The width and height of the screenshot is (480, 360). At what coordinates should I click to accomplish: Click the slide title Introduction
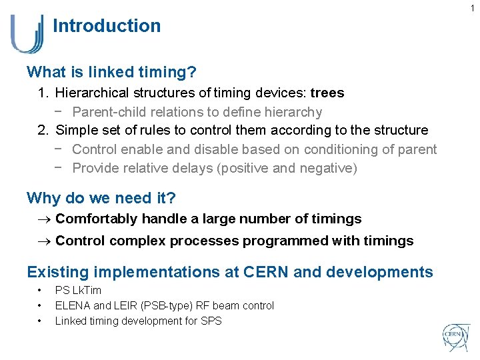(107, 26)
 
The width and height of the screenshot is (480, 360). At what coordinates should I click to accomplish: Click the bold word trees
(327, 93)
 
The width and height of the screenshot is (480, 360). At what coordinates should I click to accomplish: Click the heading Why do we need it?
(101, 198)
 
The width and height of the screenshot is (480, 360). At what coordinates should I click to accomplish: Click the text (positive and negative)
(287, 168)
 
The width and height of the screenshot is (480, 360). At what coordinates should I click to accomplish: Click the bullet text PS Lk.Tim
(78, 291)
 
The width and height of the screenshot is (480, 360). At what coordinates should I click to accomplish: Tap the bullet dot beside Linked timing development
(40, 321)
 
